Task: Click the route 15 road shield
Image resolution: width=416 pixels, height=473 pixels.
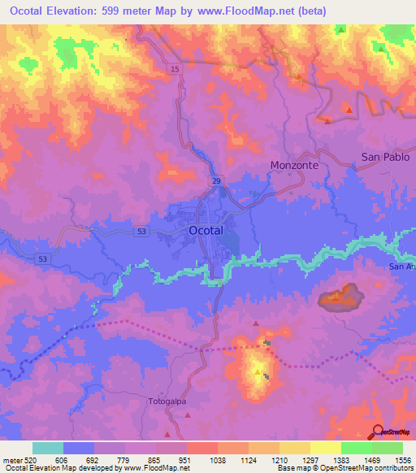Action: pyautogui.click(x=175, y=71)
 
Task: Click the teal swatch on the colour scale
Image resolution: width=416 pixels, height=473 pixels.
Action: pyautogui.click(x=48, y=448)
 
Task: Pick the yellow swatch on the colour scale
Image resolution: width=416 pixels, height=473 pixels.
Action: pyautogui.click(x=325, y=448)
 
